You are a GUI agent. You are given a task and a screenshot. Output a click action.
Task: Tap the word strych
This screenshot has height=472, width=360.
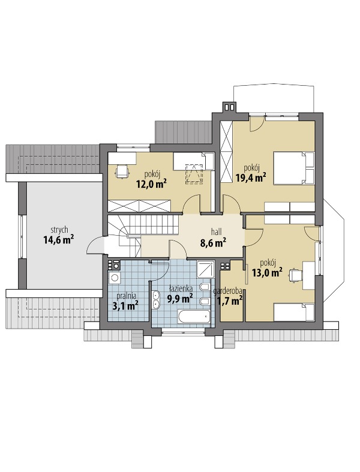(59, 230)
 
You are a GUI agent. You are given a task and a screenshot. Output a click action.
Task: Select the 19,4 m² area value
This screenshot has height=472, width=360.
(251, 178)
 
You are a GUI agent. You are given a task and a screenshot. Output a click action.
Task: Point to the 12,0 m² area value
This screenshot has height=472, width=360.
(152, 184)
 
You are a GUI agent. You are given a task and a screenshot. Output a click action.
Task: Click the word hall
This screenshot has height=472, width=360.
(217, 232)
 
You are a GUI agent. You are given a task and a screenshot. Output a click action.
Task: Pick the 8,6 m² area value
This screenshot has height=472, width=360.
(214, 243)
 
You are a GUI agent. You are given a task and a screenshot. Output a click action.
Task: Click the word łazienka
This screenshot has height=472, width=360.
(181, 288)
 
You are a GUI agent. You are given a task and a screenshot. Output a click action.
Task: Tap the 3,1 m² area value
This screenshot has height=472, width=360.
(125, 306)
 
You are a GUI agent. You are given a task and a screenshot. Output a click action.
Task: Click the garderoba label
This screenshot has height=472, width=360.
(229, 291)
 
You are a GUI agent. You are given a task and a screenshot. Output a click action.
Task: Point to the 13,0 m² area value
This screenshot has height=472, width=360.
(267, 273)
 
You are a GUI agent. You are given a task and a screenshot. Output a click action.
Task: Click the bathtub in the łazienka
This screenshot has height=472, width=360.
(194, 317)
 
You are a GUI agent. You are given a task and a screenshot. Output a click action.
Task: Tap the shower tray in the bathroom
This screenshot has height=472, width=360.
(206, 270)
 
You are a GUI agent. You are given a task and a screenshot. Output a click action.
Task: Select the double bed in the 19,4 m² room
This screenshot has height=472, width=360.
(294, 168)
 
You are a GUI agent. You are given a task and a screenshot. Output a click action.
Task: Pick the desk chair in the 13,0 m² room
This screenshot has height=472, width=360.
(296, 275)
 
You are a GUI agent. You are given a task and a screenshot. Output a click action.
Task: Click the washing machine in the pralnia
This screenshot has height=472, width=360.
(115, 278)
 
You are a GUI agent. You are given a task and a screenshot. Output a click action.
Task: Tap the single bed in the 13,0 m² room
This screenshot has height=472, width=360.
(295, 312)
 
